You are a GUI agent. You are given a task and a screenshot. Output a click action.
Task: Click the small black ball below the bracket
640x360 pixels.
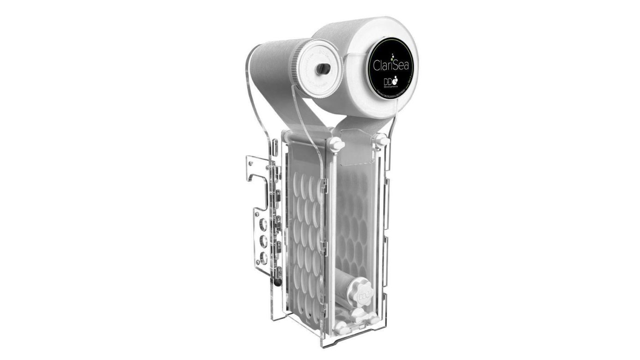[x=275, y=279]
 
